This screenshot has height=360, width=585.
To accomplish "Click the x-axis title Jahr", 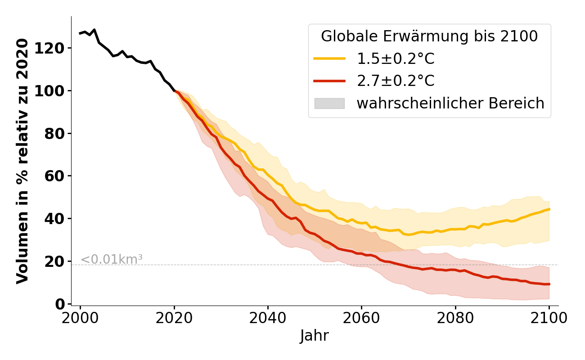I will click(x=315, y=336).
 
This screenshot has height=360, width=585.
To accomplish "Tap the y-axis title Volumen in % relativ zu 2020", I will click(x=22, y=161).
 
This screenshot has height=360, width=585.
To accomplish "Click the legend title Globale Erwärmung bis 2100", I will click(x=429, y=36).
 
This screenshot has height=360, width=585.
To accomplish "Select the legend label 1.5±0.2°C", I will click(x=396, y=59).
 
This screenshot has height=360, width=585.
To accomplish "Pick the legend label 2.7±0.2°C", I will click(x=396, y=81).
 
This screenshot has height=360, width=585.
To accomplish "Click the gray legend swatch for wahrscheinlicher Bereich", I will click(x=329, y=103).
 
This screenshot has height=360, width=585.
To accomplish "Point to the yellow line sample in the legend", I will click(x=329, y=58).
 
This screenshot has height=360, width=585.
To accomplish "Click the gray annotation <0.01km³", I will click(x=112, y=260).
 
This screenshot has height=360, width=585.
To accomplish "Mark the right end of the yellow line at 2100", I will click(x=549, y=209).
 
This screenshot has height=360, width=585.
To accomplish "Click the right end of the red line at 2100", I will click(x=549, y=284).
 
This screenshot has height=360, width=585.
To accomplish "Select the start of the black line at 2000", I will click(x=80, y=33).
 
